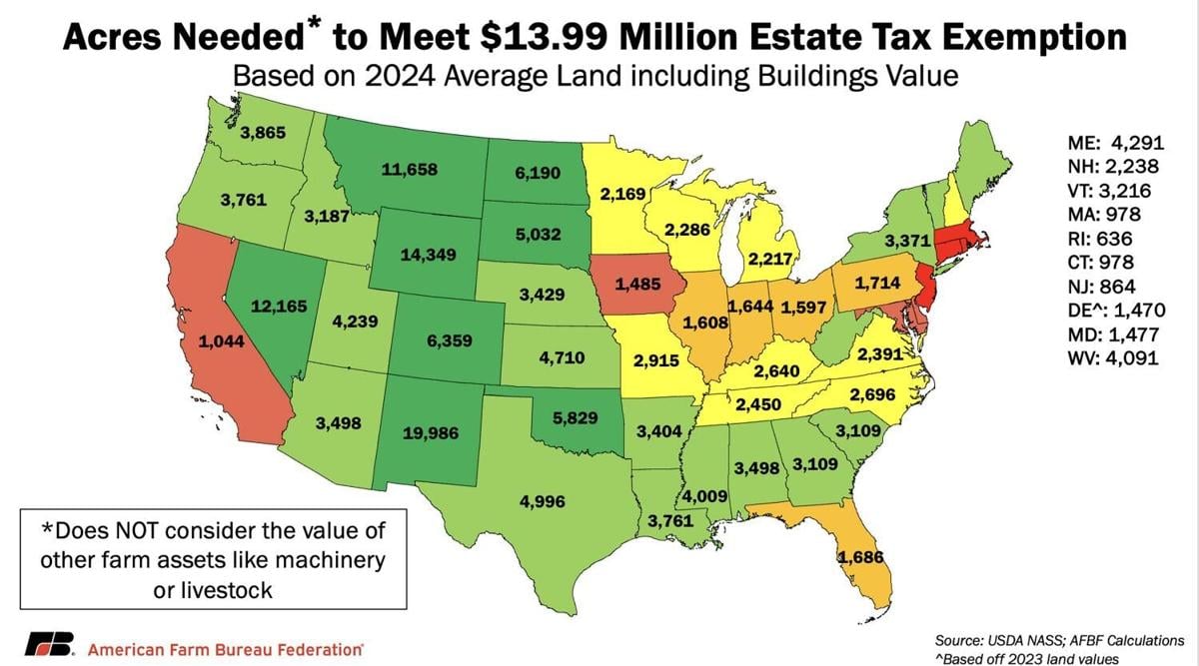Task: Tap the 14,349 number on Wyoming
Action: pyautogui.click(x=427, y=255)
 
